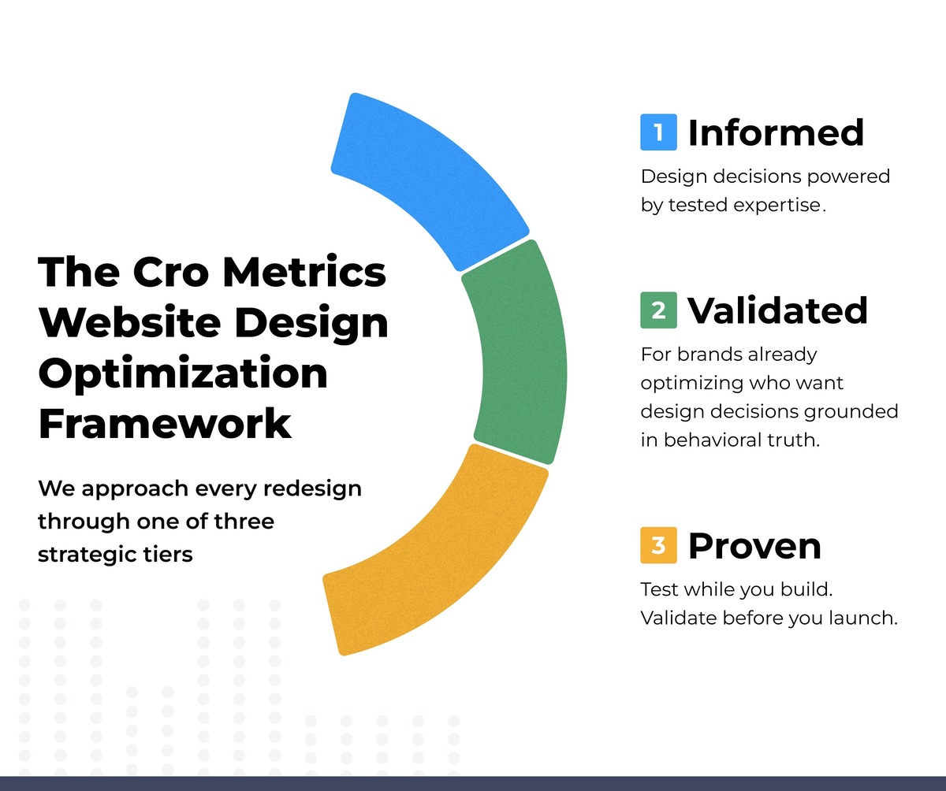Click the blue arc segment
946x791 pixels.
point(435,176)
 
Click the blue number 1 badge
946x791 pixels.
point(658,132)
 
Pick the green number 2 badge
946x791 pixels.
point(658,310)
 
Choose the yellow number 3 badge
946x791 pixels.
point(658,545)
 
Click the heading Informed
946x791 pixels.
point(776,132)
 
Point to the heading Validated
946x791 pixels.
point(777,310)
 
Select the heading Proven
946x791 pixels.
point(754,546)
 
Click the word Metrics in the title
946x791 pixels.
point(305,272)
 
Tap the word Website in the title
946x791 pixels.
point(130,322)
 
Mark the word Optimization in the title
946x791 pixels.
point(183,374)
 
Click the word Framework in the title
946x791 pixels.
point(165,423)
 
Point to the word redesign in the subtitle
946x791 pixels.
point(312,489)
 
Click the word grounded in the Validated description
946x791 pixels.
point(851,412)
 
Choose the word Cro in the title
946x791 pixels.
point(171,272)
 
